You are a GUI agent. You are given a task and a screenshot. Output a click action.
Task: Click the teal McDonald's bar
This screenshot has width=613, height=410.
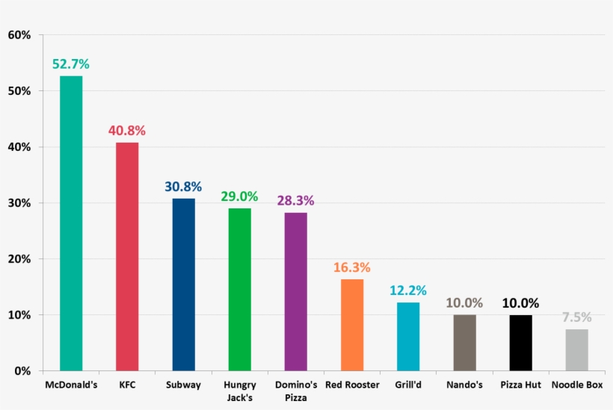tap(71, 223)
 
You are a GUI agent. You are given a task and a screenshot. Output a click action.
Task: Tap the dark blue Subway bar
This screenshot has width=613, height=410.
tap(183, 285)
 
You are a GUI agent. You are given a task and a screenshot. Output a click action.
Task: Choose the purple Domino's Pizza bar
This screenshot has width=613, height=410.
tap(295, 291)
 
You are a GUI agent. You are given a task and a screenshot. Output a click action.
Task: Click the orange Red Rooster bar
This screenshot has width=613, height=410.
tap(352, 325)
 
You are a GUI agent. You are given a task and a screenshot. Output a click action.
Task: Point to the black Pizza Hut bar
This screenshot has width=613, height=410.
tap(520, 343)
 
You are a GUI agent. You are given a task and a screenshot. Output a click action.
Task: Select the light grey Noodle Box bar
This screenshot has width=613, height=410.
tap(576, 350)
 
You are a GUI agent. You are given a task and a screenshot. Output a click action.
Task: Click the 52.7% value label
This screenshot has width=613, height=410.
tap(71, 64)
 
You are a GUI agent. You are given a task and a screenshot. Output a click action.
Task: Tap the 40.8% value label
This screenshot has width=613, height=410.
tap(127, 131)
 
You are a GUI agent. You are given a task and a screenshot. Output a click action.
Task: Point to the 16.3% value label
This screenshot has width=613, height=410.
tap(352, 267)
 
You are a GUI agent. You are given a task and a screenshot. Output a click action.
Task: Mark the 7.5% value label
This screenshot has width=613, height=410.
tap(576, 317)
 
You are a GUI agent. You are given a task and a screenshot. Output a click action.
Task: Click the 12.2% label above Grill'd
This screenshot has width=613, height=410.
tap(408, 291)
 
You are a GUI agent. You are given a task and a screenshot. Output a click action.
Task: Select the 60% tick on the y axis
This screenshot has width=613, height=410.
tap(19, 35)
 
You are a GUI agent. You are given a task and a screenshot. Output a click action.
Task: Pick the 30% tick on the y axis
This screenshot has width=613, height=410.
tap(19, 203)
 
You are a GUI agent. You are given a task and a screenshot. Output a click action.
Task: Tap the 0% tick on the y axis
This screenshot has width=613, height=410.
tap(22, 371)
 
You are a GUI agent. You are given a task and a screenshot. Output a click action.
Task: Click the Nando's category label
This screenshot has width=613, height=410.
tap(464, 385)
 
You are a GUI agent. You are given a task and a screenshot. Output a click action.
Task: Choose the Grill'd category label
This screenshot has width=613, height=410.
tap(408, 385)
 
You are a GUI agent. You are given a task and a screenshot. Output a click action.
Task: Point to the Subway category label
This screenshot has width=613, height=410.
tap(183, 385)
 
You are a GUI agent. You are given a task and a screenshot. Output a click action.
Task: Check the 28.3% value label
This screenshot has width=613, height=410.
tap(295, 200)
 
